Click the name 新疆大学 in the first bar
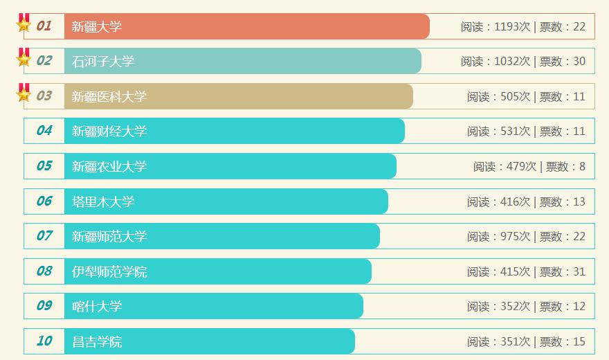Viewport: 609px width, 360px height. pyautogui.click(x=97, y=26)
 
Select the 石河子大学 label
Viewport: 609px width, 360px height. pyautogui.click(x=103, y=61)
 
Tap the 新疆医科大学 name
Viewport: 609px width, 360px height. pyautogui.click(x=109, y=96)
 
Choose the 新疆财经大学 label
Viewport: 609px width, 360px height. pyautogui.click(x=109, y=131)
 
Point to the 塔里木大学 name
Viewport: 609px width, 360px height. pyautogui.click(x=103, y=201)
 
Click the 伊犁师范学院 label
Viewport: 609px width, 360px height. pyautogui.click(x=109, y=271)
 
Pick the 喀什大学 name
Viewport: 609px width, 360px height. pyautogui.click(x=97, y=306)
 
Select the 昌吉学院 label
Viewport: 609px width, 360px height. pyautogui.click(x=97, y=341)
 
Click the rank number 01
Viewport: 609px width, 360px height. pyautogui.click(x=44, y=26)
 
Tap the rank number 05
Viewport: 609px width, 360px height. pyautogui.click(x=44, y=166)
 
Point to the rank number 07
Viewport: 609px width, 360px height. pyautogui.click(x=44, y=236)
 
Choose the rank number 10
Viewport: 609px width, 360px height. pyautogui.click(x=44, y=341)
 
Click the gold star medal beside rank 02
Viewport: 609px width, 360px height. pyautogui.click(x=24, y=58)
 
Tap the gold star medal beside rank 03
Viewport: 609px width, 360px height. pyautogui.click(x=24, y=93)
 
